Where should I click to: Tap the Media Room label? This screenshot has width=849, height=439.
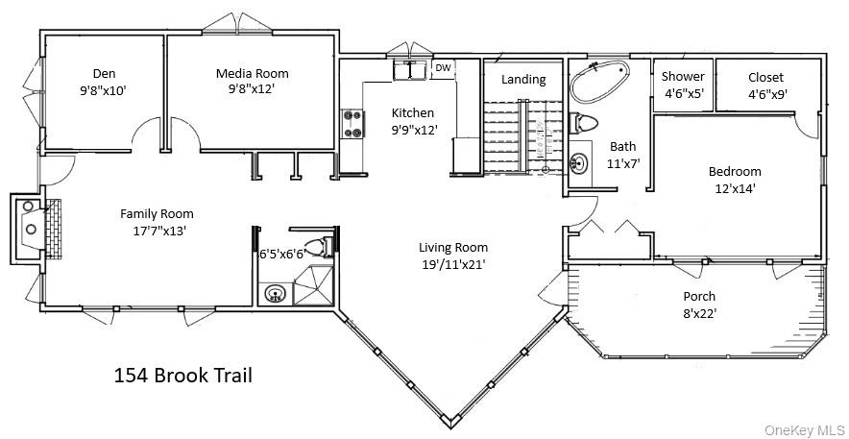(x=252, y=73)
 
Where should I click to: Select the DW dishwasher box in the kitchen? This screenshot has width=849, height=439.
(x=443, y=68)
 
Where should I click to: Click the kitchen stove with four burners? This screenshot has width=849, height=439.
(x=352, y=124)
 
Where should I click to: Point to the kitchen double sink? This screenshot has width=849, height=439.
(x=410, y=70)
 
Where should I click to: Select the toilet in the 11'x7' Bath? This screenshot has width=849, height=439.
(x=582, y=122)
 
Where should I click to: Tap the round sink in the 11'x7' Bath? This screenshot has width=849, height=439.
(x=580, y=161)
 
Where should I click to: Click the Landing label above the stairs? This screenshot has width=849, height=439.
(x=523, y=80)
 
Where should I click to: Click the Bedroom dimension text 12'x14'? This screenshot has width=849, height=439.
(x=734, y=188)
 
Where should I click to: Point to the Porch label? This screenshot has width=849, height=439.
(x=698, y=296)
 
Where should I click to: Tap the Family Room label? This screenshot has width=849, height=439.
(x=157, y=213)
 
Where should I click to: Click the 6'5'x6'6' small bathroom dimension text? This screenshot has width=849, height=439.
(x=283, y=255)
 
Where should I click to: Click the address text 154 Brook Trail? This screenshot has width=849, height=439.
(x=183, y=375)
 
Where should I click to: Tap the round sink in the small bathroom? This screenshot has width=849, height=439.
(x=276, y=293)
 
